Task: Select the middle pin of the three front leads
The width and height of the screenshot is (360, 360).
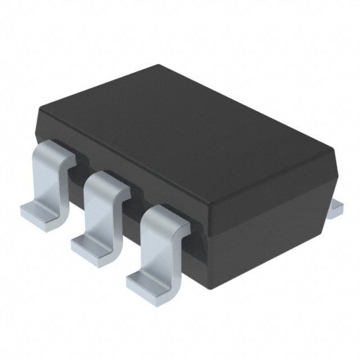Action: (x=101, y=214)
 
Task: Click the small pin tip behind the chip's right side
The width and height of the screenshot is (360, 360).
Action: (x=336, y=207)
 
